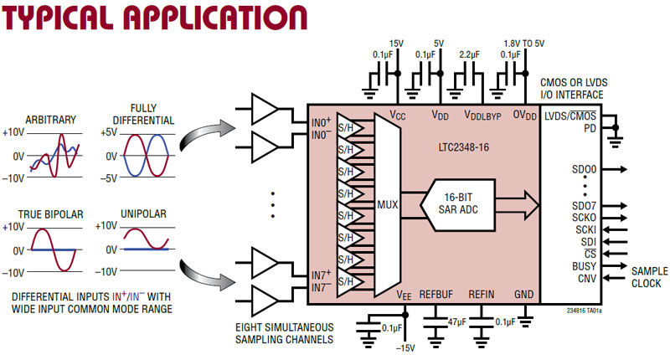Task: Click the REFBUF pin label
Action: click(435, 295)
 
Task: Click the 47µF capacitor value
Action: click(457, 321)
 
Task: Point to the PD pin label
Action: click(591, 128)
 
